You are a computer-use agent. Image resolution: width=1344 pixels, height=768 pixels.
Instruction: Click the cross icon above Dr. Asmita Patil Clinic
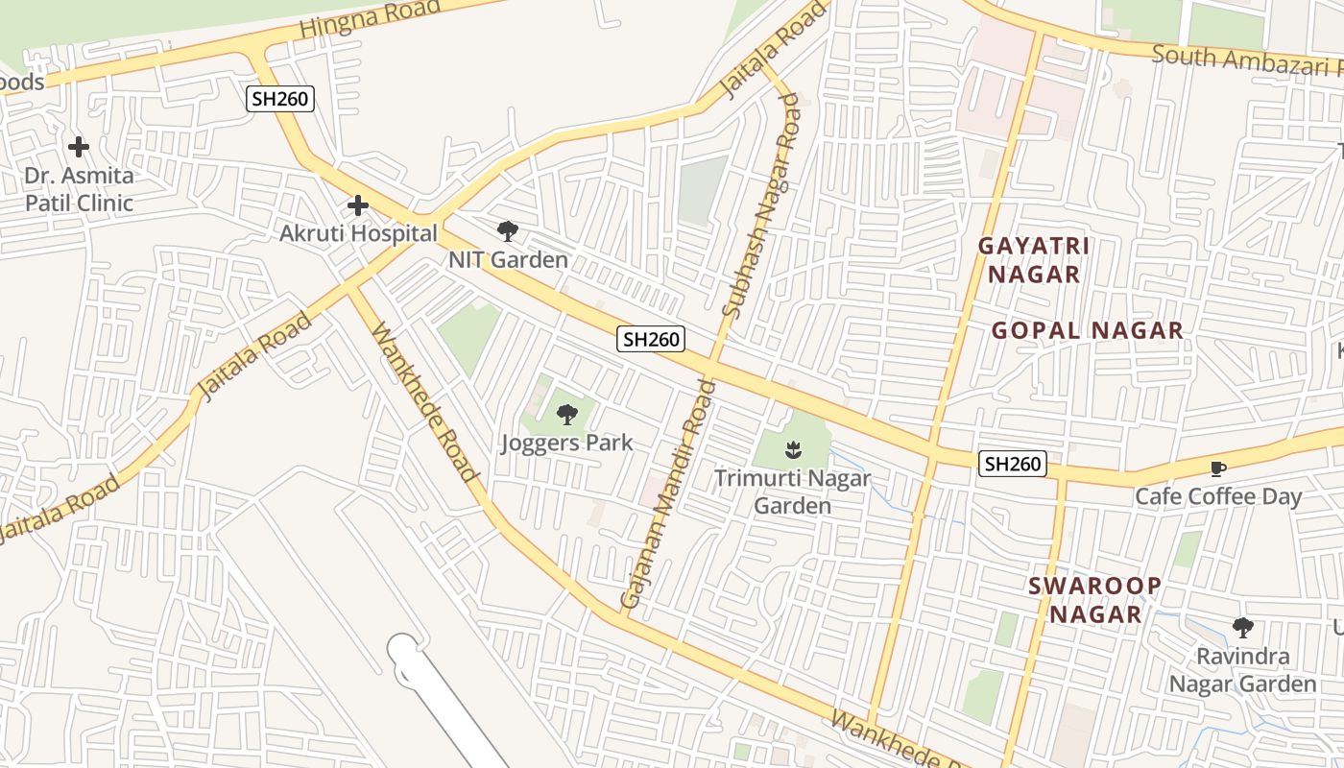[x=79, y=147]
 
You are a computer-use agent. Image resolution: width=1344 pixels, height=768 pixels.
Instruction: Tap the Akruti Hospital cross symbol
[x=358, y=205]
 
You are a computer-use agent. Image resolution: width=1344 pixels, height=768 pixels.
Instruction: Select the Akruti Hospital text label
[x=358, y=233]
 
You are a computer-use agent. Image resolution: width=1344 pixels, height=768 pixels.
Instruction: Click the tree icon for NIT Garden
[x=507, y=231]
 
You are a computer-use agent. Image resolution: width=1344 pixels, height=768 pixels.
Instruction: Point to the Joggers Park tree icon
[x=567, y=415]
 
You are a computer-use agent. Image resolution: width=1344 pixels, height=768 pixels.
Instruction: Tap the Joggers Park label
[x=566, y=443]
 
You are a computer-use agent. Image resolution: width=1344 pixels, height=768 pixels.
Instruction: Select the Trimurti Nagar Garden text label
[x=792, y=492]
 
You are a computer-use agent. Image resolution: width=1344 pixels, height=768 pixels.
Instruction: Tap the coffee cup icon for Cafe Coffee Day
[x=1217, y=468]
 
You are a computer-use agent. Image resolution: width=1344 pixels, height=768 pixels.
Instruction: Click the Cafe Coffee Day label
[x=1217, y=496]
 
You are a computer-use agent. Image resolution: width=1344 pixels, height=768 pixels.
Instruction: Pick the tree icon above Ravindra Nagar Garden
[x=1242, y=628]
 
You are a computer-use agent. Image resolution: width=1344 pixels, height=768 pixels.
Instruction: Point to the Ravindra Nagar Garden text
[x=1242, y=670]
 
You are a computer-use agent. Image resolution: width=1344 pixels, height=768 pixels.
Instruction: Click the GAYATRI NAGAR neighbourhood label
[x=1034, y=260]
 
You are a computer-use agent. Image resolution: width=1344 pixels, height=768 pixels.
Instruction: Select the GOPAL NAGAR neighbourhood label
[x=1087, y=331]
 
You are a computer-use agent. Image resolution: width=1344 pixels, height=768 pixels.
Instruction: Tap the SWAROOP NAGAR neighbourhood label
[x=1094, y=600]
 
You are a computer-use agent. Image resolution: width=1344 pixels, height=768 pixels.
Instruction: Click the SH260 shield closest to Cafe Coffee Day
[x=1012, y=465]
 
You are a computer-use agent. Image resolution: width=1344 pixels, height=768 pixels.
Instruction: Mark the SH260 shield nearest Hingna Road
[x=280, y=98]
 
